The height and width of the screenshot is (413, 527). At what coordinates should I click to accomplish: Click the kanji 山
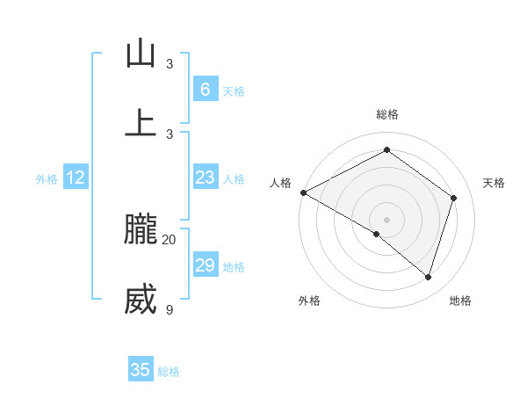coord(141,54)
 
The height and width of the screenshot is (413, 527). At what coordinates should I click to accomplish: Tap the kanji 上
coord(141,123)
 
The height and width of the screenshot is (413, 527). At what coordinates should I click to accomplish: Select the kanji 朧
coord(141,230)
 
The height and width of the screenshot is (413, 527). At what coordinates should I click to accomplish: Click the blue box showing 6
coord(205,89)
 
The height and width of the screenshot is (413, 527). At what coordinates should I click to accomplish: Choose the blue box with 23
coord(205,178)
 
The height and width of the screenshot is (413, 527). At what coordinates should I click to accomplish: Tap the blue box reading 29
coord(205,265)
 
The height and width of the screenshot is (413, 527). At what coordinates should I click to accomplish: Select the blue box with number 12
coord(76,178)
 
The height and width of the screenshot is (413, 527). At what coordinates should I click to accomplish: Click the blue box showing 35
coord(141,370)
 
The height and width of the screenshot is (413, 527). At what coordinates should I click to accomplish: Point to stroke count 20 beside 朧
coord(170,239)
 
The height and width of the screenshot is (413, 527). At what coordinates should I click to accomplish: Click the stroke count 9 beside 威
coord(170,309)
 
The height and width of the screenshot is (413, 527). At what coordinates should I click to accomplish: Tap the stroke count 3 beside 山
coord(170,64)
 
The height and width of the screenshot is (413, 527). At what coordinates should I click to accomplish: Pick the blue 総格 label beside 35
coord(169,372)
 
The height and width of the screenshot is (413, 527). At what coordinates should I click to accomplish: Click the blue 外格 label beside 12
coord(47,179)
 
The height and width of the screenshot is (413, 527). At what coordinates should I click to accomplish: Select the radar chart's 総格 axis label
coord(386,114)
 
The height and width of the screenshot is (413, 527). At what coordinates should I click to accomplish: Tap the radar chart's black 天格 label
coord(495,183)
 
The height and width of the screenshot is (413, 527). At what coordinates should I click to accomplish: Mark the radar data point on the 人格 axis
coord(303,192)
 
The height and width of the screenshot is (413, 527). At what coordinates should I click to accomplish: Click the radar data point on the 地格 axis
coord(428,277)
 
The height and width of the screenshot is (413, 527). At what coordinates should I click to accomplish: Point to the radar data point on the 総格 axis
coord(386,150)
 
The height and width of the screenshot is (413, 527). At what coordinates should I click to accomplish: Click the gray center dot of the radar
coord(386,219)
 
